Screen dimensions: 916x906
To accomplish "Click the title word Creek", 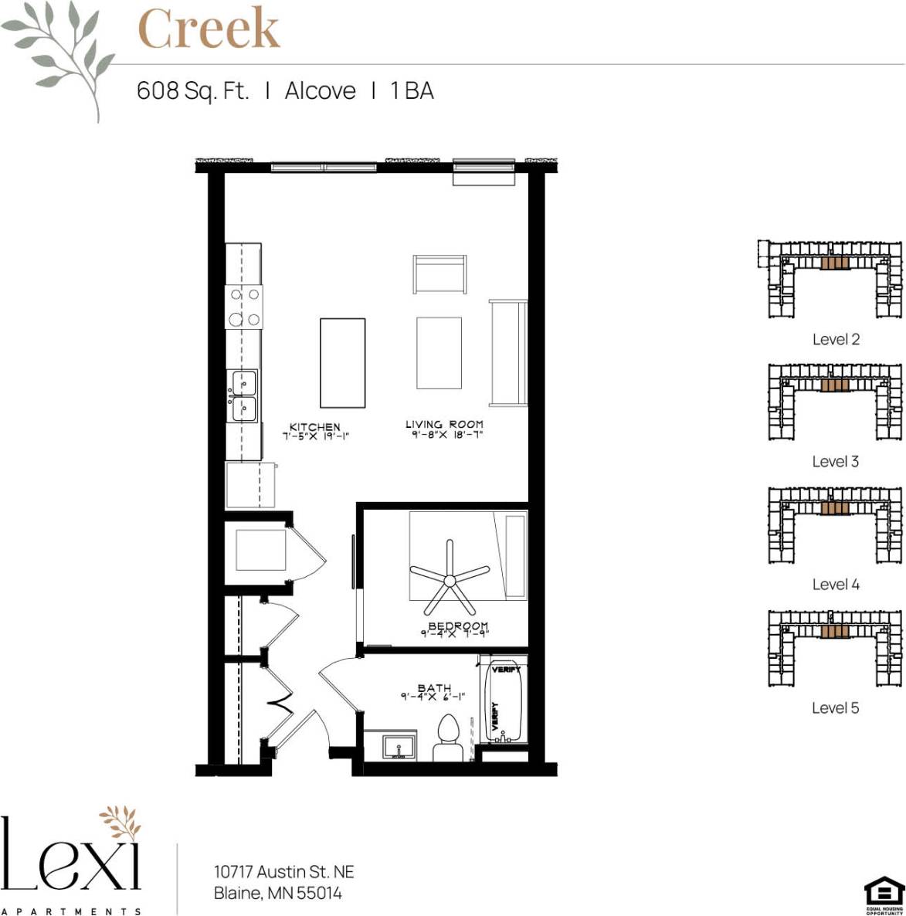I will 208,29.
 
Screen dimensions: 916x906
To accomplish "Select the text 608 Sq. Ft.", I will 192,90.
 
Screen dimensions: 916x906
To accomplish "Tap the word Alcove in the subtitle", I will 320,90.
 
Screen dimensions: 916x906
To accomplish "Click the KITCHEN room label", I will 314,427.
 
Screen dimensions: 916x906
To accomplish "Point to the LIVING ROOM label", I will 444,424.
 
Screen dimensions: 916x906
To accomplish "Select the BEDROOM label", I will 458,626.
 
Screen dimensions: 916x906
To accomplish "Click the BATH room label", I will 434,688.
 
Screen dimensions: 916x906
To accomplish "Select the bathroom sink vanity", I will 398,746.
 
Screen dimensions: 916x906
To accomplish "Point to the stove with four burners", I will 244,307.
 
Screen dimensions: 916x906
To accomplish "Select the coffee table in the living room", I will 439,352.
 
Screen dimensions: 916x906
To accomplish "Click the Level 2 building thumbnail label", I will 836,339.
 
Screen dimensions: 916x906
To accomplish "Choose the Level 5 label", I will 835,707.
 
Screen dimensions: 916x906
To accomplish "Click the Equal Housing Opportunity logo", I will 884,895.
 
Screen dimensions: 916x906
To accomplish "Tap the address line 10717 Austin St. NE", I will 283,871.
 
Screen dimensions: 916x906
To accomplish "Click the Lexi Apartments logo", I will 72,861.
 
